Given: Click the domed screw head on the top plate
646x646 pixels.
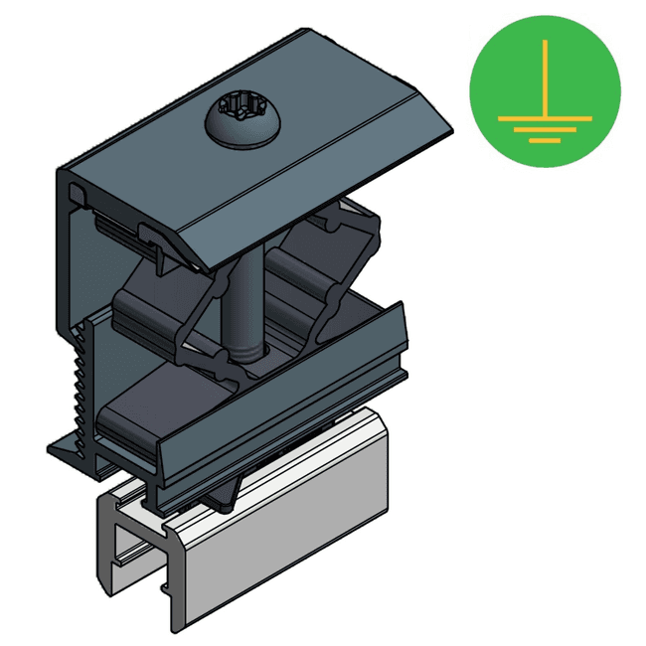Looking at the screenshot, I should [244, 124].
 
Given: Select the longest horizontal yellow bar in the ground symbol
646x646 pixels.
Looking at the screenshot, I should [545, 117].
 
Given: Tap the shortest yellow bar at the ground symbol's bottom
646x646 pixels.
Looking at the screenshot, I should [545, 140].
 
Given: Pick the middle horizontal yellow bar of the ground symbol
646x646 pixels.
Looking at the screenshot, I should [545, 129].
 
